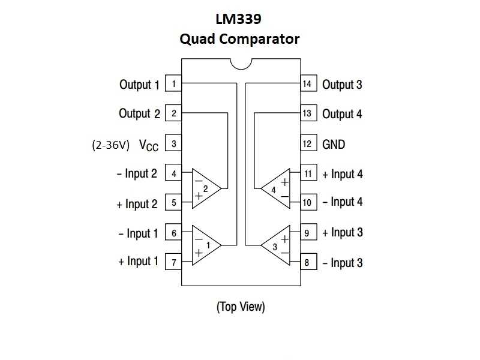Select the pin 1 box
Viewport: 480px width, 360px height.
pyautogui.click(x=173, y=84)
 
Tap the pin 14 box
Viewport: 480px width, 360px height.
pyautogui.click(x=307, y=84)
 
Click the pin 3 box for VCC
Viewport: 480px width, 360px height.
pyautogui.click(x=173, y=144)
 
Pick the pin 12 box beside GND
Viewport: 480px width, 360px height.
pyautogui.click(x=307, y=144)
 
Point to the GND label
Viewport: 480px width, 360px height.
pyautogui.click(x=334, y=144)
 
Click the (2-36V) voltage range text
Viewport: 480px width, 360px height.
pyautogui.click(x=110, y=145)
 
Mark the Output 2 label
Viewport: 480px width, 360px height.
pyautogui.click(x=139, y=113)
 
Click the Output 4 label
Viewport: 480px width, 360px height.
pyautogui.click(x=342, y=113)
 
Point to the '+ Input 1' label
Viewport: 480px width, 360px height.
pyautogui.click(x=139, y=261)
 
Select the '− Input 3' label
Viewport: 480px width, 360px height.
pyautogui.click(x=343, y=263)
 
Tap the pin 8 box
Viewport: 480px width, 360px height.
pyautogui.click(x=307, y=262)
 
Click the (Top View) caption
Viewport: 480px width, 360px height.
pyautogui.click(x=240, y=307)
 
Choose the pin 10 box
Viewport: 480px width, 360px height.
pyautogui.click(x=307, y=202)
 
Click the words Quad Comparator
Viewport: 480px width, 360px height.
pyautogui.click(x=239, y=39)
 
